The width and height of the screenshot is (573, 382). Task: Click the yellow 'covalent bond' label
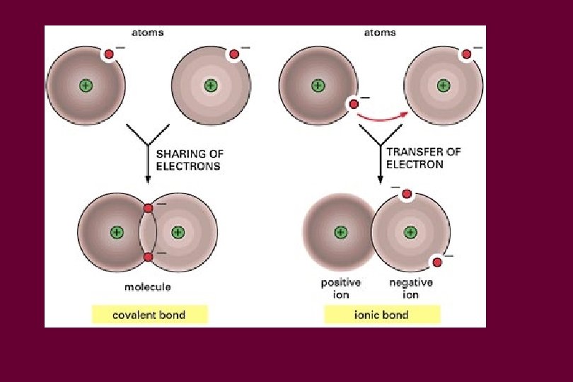pyautogui.click(x=149, y=315)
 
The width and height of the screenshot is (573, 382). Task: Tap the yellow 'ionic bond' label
pyautogui.click(x=381, y=315)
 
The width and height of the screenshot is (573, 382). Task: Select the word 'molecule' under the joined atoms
pyautogui.click(x=148, y=287)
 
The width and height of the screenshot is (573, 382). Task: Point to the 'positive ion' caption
pyautogui.click(x=341, y=289)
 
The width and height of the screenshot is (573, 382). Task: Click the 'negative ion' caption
pyautogui.click(x=411, y=289)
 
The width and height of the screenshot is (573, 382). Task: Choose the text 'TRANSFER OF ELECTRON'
pyautogui.click(x=415, y=158)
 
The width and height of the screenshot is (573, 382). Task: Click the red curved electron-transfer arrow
pyautogui.click(x=383, y=115)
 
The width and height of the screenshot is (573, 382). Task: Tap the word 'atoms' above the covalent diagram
pyautogui.click(x=148, y=33)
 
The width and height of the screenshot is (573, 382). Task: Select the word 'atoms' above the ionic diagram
pyautogui.click(x=380, y=33)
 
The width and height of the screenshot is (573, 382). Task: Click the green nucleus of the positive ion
pyautogui.click(x=341, y=232)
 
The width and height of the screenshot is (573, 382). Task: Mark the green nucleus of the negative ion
pyautogui.click(x=410, y=232)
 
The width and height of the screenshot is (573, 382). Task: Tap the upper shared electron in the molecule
pyautogui.click(x=148, y=208)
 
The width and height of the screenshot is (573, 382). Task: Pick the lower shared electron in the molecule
pyautogui.click(x=148, y=257)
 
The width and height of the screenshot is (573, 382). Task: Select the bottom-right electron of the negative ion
pyautogui.click(x=437, y=262)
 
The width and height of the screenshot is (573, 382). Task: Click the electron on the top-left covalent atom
pyautogui.click(x=109, y=54)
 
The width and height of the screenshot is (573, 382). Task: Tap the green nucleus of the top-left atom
pyautogui.click(x=86, y=86)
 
